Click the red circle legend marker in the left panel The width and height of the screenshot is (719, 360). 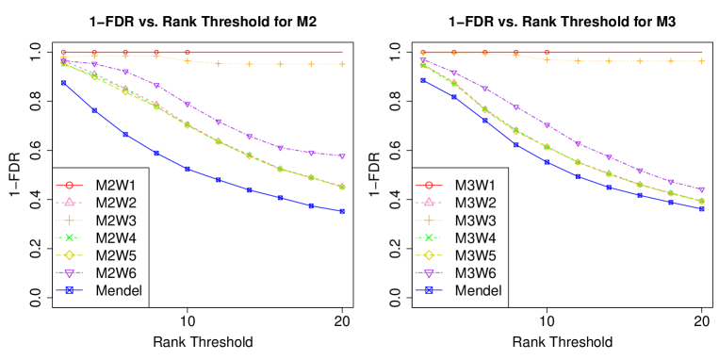69,185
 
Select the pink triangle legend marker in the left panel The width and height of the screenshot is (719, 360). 69,202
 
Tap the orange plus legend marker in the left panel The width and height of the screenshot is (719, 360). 69,220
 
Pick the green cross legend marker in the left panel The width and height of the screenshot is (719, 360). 69,237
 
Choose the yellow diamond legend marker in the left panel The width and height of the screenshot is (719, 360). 69,254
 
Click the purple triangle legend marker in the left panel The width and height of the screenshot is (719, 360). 69,272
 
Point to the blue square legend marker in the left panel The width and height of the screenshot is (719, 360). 69,290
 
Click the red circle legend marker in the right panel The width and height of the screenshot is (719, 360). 429,185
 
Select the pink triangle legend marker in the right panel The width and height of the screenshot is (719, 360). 429,202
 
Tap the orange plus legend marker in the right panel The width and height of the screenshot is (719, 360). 429,220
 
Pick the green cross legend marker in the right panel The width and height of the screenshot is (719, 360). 429,237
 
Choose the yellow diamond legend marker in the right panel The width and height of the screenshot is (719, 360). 429,254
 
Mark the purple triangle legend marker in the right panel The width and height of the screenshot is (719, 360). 429,272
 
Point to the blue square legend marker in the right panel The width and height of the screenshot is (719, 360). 429,290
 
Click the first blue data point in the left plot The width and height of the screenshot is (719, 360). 64,83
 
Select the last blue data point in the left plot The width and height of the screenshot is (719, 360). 342,211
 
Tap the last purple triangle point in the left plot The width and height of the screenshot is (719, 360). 342,156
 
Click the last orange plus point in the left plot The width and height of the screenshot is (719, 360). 342,64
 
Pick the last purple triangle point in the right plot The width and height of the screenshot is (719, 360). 701,189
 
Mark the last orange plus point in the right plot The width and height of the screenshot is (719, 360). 701,61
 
